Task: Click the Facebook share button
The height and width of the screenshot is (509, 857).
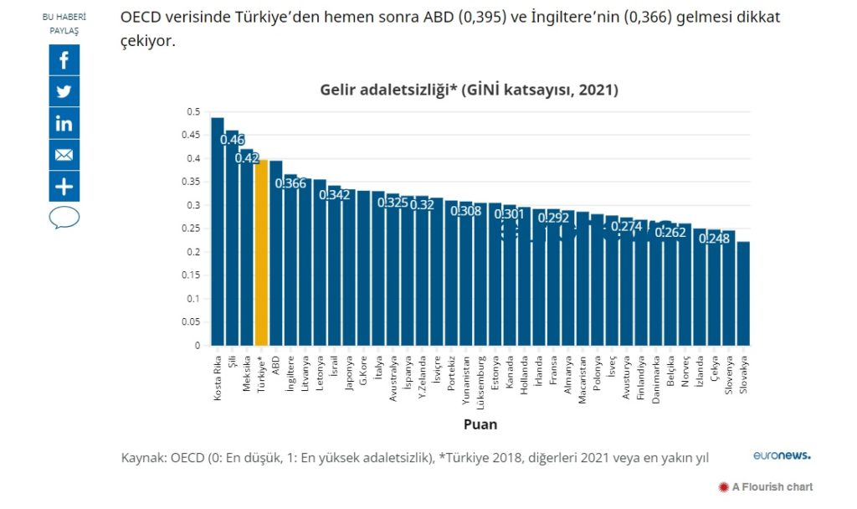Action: click(64, 60)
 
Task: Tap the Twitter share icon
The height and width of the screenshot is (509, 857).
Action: click(64, 91)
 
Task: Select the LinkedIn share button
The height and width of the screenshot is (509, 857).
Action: click(64, 123)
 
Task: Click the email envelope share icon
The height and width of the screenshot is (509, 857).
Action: click(64, 155)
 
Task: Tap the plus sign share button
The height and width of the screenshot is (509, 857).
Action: click(64, 186)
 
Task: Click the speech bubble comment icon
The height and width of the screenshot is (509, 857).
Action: click(64, 219)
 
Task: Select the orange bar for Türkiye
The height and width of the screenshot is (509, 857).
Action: click(261, 252)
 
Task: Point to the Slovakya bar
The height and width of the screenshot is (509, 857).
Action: click(743, 293)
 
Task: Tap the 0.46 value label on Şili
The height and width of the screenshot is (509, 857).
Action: click(232, 139)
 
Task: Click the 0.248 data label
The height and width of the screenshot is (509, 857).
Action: click(714, 239)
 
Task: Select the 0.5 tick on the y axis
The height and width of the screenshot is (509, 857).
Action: click(194, 112)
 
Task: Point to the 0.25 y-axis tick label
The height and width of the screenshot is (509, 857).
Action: click(192, 229)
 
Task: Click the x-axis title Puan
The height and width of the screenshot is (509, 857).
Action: click(480, 424)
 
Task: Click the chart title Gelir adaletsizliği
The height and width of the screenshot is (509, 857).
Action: click(469, 90)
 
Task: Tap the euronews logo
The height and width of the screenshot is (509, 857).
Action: click(781, 455)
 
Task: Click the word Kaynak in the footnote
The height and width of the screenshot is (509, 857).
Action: click(143, 458)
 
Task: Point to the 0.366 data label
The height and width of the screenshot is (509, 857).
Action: click(290, 183)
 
